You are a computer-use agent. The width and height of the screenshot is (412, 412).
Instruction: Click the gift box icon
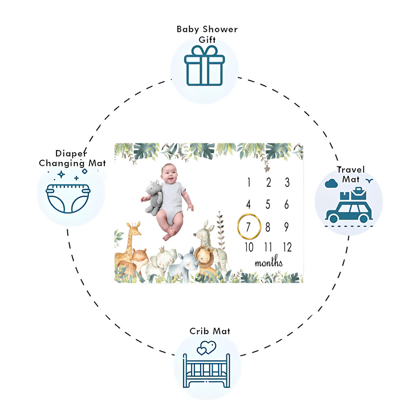click(204, 65)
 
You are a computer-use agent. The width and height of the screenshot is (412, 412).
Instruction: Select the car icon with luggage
click(348, 207)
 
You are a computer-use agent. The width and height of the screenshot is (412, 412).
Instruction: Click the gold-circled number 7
click(249, 226)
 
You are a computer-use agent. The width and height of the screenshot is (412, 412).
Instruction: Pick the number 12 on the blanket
click(286, 247)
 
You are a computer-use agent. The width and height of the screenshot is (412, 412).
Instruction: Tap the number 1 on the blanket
click(249, 183)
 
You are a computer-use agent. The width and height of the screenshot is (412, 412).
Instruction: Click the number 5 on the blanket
click(268, 204)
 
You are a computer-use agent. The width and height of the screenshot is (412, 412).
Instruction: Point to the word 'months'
click(269, 262)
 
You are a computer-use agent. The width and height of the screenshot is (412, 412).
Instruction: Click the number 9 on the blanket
click(286, 226)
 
